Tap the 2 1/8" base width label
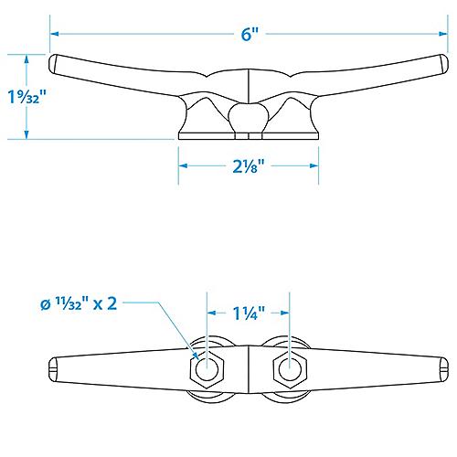[248, 166]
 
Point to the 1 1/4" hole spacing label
[248, 314]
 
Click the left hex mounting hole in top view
[207, 368]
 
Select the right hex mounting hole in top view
[290, 368]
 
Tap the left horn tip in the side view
[55, 65]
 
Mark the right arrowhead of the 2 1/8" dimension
[314, 166]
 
